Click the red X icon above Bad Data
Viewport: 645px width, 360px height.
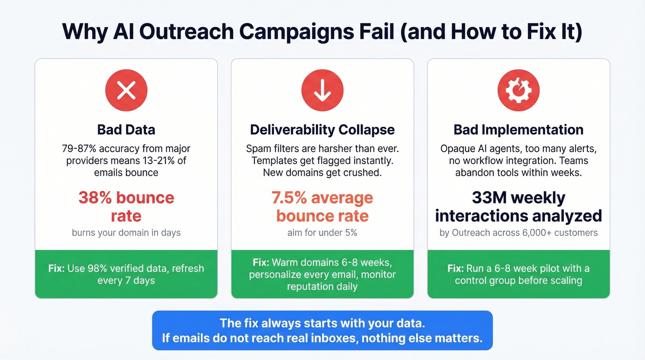coord(126,90)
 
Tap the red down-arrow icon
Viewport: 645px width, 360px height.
coord(322,90)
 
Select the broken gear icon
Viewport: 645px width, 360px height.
coord(518,90)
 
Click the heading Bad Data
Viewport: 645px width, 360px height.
coord(126,130)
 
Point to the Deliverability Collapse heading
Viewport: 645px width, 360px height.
coord(322,130)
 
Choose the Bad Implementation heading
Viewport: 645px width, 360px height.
coord(518,130)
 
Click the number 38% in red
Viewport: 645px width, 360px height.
coord(95,198)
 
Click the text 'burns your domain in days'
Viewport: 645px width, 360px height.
coord(126,233)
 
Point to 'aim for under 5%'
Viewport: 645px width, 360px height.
coord(322,233)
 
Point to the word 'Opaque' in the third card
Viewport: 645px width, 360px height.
coord(457,149)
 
